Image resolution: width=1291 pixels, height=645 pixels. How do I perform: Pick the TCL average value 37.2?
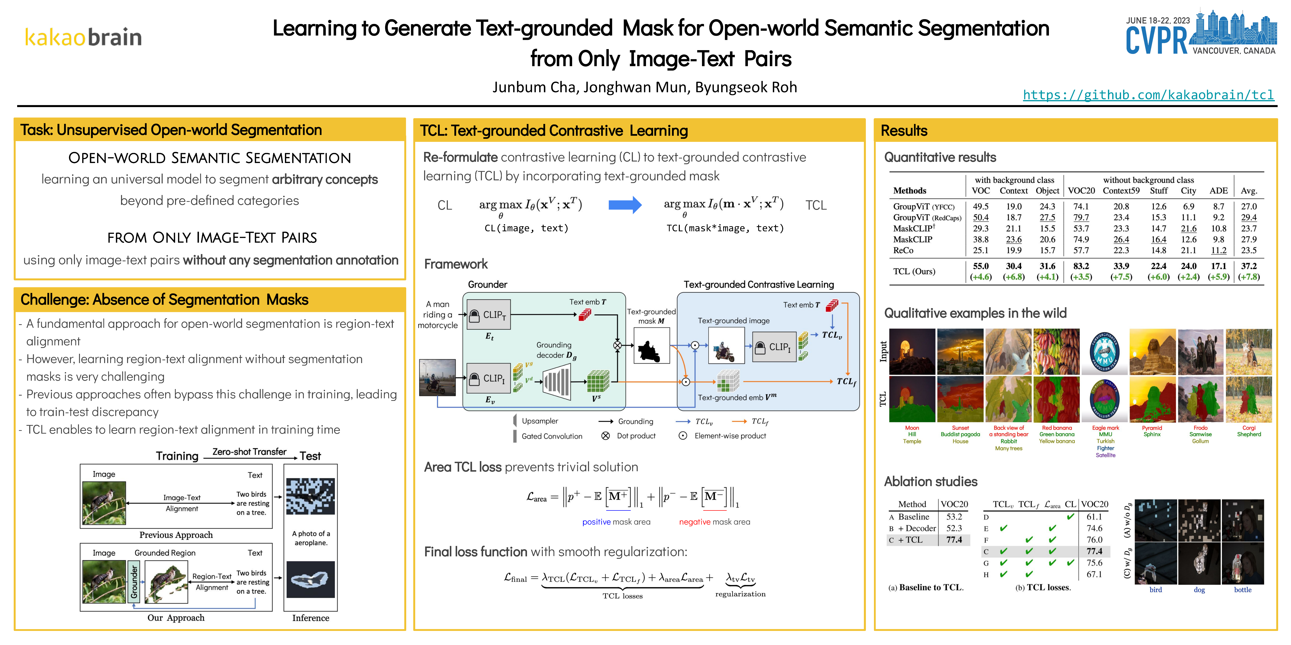[x=1248, y=266]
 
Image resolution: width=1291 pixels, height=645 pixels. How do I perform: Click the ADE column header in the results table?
[x=1218, y=191]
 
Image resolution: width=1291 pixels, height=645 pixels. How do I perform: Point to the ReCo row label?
[x=903, y=250]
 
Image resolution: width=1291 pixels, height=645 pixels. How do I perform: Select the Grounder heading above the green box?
[x=487, y=284]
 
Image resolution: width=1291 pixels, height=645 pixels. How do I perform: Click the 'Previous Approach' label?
[x=176, y=535]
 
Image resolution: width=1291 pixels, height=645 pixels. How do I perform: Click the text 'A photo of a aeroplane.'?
[x=311, y=538]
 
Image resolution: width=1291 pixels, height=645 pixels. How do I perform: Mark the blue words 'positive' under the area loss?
[x=596, y=522]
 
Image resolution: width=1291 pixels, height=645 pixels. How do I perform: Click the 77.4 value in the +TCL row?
[x=954, y=540]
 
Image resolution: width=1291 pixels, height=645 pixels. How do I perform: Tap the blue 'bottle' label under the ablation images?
[x=1242, y=590]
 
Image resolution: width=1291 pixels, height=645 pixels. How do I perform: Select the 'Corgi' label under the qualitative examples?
[x=1249, y=428]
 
